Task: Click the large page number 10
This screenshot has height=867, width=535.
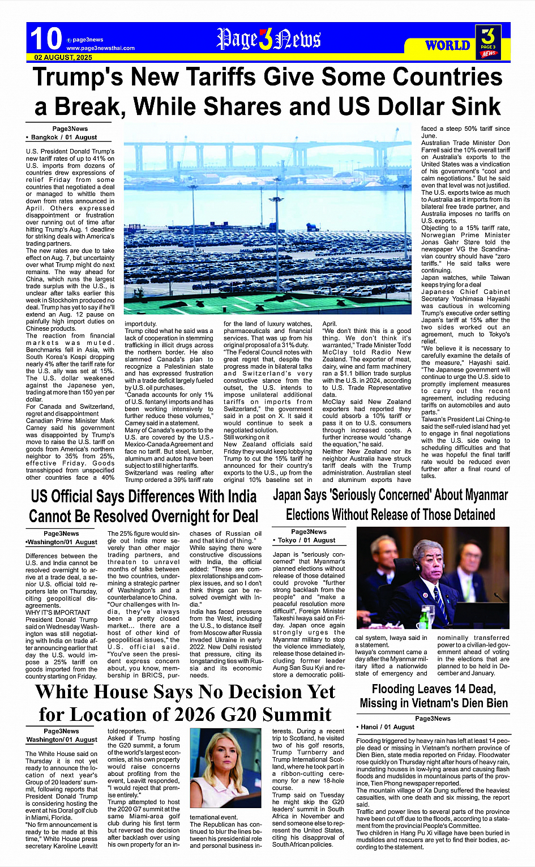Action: (45, 39)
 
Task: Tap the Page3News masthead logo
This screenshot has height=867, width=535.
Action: (268, 39)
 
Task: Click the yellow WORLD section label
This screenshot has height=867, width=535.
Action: (447, 45)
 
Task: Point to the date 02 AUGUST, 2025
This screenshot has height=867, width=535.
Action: (63, 58)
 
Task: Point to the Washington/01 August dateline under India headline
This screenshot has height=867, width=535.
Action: (62, 542)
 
